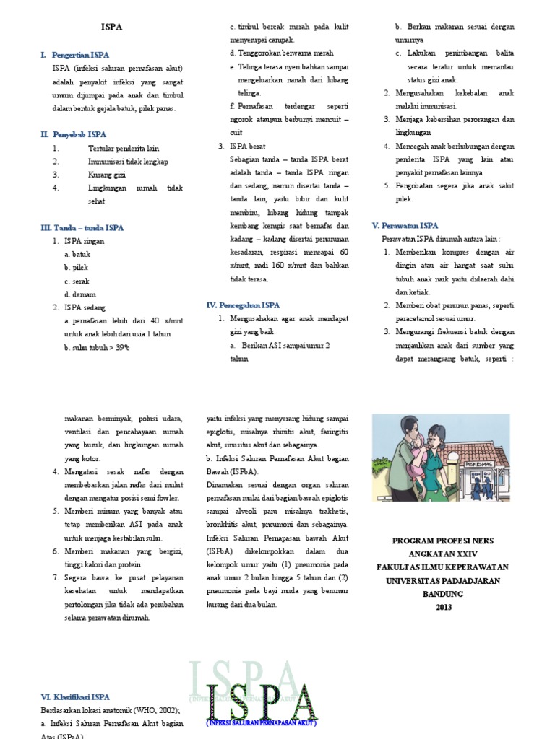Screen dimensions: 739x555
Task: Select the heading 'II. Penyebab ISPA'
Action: tap(74, 134)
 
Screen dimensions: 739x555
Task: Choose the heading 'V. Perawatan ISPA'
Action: tap(405, 226)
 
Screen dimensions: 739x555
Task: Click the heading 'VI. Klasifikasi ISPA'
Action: tap(75, 697)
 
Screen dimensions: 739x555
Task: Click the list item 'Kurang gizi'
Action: tap(107, 175)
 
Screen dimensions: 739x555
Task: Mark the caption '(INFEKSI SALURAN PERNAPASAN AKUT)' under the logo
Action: tap(262, 722)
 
